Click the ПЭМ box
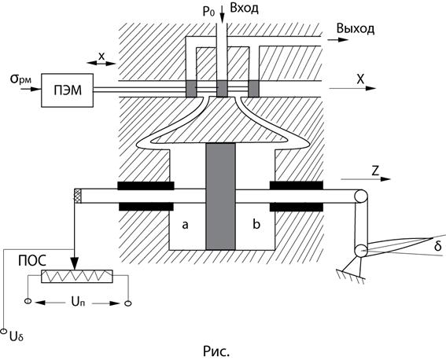tap(67, 90)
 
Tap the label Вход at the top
tap(245, 8)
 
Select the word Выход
tap(356, 29)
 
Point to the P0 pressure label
tap(208, 12)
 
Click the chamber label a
tap(185, 225)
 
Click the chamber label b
tap(256, 224)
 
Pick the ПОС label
tap(32, 260)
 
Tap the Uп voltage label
tap(78, 302)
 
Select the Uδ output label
tap(17, 336)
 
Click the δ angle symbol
tap(438, 246)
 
